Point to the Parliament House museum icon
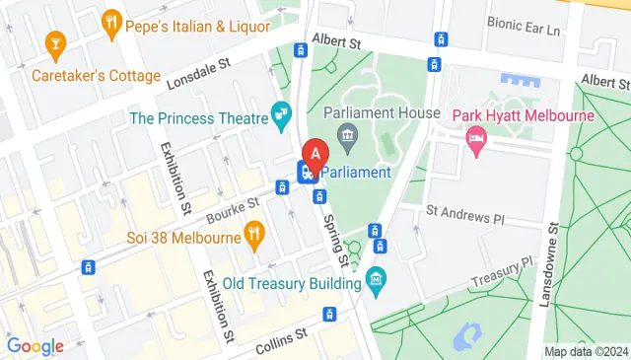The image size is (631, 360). pyautogui.click(x=346, y=133)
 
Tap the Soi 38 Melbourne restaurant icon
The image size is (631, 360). pyautogui.click(x=255, y=234)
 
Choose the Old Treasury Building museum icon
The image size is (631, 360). pyautogui.click(x=375, y=283)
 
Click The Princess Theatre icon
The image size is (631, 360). pyautogui.click(x=282, y=117)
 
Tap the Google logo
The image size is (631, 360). pyautogui.click(x=35, y=346)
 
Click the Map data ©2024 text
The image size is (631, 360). pyautogui.click(x=586, y=351)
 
